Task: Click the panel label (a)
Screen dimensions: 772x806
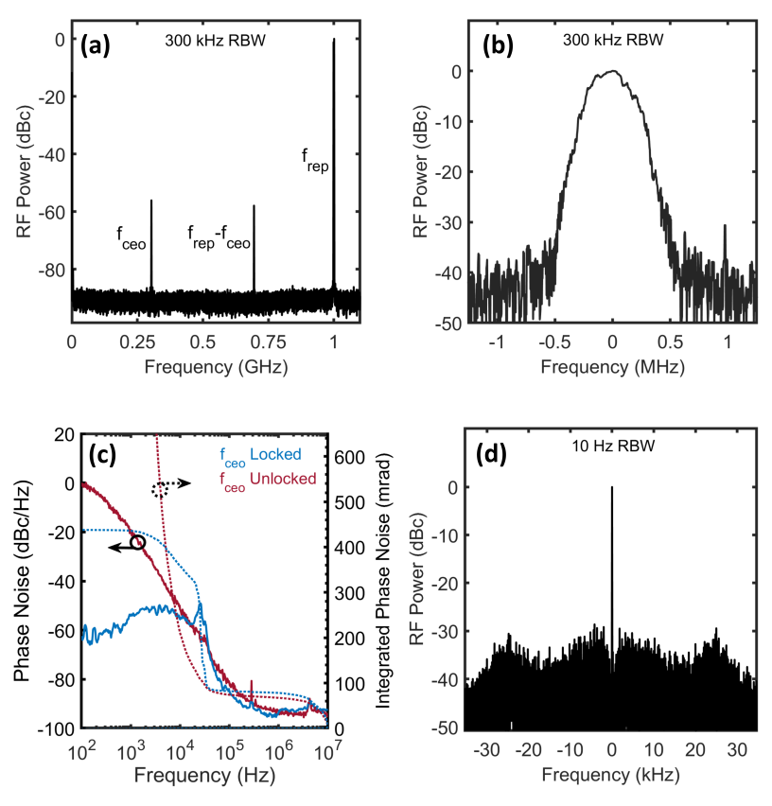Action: [x=96, y=46]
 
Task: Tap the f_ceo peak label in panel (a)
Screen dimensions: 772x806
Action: [x=132, y=237]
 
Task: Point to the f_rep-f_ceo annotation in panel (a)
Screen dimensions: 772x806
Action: [x=219, y=237]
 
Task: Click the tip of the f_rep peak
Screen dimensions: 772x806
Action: [x=334, y=39]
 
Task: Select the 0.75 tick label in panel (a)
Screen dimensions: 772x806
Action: [x=268, y=342]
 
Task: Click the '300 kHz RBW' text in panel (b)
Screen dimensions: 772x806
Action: [x=613, y=40]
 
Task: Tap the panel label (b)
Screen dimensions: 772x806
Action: [x=498, y=46]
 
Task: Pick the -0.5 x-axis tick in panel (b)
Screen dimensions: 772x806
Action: [x=554, y=342]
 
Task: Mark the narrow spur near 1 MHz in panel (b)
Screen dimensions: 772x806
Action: [x=726, y=241]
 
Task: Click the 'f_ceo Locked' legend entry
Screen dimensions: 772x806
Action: [x=260, y=456]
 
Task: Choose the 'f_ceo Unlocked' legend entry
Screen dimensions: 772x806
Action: [x=268, y=481]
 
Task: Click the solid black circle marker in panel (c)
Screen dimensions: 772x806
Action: [x=138, y=542]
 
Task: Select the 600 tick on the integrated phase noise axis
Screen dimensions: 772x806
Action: [x=349, y=457]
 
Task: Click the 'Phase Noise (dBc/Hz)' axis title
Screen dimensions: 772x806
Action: [x=21, y=582]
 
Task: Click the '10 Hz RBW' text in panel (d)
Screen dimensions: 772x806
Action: [x=613, y=446]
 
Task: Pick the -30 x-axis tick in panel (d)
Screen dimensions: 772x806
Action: [x=486, y=750]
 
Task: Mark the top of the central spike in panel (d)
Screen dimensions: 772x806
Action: [x=611, y=487]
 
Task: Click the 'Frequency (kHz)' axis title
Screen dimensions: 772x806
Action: [x=610, y=775]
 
